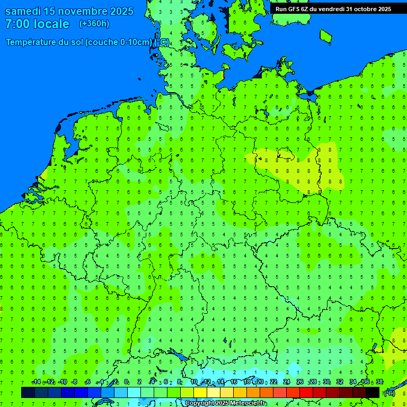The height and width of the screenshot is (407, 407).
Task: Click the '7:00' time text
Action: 17,24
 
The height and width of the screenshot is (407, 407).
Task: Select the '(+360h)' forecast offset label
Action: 94,24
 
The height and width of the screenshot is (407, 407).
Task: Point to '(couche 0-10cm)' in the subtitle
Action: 119,42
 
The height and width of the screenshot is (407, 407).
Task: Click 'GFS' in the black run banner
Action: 296,9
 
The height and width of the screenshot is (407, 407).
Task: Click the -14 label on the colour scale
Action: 36,382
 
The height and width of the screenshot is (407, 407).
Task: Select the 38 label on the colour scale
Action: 379,382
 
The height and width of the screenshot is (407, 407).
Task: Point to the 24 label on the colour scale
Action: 287,382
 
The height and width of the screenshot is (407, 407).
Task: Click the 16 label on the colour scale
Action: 234,382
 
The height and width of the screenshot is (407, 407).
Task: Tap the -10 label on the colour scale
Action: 62,382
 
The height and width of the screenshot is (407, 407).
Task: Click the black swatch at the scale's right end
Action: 373,392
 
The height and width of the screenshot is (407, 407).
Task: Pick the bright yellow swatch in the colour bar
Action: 200,392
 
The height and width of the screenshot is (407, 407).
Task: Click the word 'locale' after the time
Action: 51,24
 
